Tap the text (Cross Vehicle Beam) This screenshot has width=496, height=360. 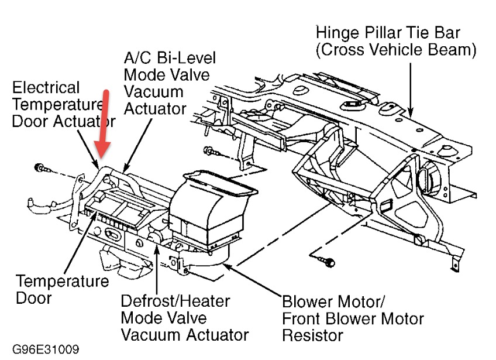[x=396, y=50]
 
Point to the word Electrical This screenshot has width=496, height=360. [x=46, y=88]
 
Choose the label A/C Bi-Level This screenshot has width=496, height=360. [x=170, y=59]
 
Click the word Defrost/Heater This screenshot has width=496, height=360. [x=175, y=301]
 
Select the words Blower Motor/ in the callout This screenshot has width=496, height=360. [x=333, y=303]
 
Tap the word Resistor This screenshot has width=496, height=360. [x=312, y=335]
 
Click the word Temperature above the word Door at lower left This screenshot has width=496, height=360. [x=61, y=281]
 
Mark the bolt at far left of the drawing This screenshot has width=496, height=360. [x=40, y=169]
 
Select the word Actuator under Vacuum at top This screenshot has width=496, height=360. [x=155, y=108]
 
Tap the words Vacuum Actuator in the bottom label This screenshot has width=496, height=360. [x=185, y=335]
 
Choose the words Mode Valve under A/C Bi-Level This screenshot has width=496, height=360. [x=167, y=75]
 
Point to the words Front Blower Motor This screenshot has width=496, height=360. [x=353, y=319]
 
